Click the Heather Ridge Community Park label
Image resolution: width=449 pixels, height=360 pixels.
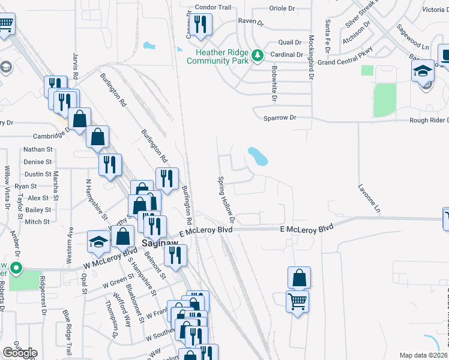217,57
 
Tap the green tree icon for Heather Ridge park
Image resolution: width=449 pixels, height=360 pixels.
258,55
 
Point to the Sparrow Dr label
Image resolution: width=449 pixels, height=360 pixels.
280,118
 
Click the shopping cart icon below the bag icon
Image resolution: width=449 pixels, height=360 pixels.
298,301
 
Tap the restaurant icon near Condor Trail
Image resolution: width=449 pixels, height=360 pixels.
200,25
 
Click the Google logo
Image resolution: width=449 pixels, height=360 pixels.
20,353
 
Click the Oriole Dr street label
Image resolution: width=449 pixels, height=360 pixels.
283,8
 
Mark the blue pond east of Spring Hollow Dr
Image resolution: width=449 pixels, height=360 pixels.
258,156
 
